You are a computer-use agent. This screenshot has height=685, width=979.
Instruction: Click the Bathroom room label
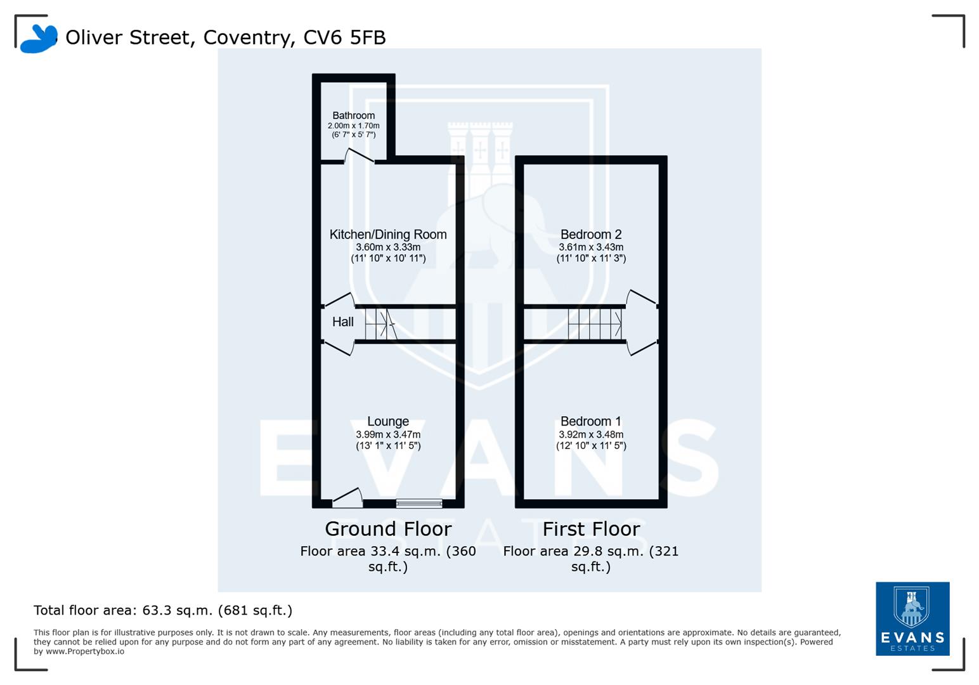coord(353,115)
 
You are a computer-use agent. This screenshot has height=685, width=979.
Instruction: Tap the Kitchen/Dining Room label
coord(387,235)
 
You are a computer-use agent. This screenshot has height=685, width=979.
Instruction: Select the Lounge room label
coord(387,422)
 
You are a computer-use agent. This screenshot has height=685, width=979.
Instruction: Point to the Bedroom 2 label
coord(590,235)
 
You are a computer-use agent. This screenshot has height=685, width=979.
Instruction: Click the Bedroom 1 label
coord(590,422)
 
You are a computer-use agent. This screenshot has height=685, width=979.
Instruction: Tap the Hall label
coord(342,322)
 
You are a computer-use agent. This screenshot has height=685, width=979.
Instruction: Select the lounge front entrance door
coord(347,498)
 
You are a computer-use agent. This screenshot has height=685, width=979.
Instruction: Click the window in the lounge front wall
coord(419,504)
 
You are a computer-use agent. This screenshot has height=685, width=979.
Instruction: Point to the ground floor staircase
coord(380,324)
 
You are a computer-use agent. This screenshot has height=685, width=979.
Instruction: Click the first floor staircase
coord(594,324)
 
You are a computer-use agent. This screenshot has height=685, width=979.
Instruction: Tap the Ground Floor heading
coord(387,529)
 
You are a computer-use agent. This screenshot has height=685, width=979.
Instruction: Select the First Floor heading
coord(590,529)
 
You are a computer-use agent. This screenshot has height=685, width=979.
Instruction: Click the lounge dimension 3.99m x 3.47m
coord(387,435)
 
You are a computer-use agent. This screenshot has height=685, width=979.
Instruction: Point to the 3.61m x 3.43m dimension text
coord(590,247)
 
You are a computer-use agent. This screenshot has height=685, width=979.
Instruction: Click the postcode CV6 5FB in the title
coord(344,37)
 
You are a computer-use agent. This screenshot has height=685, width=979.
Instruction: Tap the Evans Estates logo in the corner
coord(912,618)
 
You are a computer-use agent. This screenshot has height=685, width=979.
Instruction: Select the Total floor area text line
coord(162,611)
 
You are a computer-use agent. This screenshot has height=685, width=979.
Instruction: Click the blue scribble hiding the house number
coord(38,39)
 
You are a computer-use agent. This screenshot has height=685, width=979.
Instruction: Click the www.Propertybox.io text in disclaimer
coord(84,651)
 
